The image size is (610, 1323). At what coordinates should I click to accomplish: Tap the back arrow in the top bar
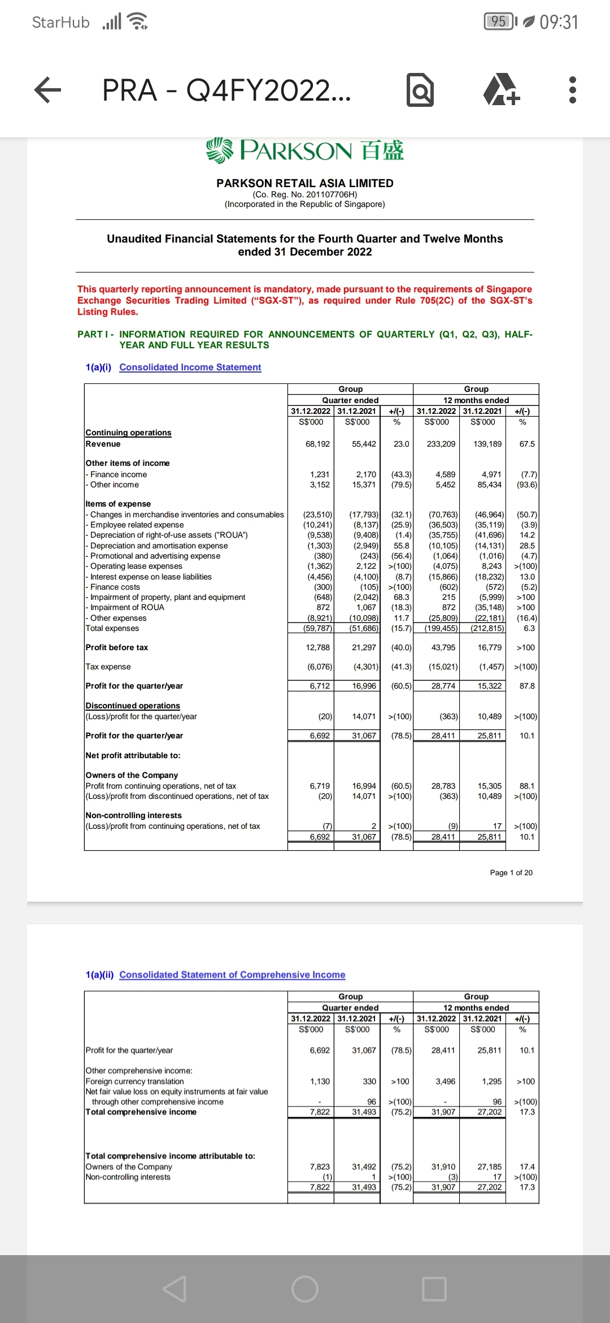[48, 90]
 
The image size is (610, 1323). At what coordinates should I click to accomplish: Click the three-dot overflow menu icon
[572, 90]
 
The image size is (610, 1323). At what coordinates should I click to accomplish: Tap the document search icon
[420, 90]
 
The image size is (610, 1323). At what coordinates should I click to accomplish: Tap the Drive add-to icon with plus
[501, 90]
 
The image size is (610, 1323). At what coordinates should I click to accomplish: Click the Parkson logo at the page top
[305, 150]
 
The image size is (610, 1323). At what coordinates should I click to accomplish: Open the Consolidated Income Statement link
[190, 367]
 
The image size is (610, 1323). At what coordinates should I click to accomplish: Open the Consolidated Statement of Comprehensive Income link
[232, 975]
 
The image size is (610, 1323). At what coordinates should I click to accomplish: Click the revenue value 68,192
[317, 444]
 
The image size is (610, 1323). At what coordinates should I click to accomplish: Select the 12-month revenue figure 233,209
[441, 444]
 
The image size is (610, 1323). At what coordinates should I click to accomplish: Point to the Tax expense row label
[108, 667]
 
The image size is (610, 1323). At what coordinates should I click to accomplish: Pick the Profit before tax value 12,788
[317, 648]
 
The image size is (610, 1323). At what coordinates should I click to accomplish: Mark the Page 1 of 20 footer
[511, 873]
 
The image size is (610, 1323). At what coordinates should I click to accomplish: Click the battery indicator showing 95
[499, 21]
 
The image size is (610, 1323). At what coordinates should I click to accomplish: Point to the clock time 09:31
[559, 22]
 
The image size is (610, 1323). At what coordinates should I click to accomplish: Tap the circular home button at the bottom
[305, 1289]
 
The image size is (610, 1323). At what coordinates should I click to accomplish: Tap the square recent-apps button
[434, 1289]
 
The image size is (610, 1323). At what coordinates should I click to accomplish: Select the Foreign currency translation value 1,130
[320, 1082]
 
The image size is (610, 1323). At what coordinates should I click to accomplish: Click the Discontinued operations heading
[133, 706]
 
